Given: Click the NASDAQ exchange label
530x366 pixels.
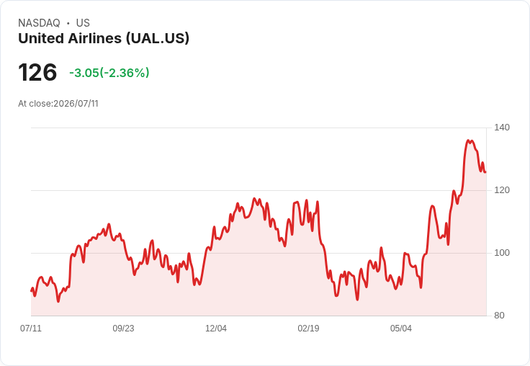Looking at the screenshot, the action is pyautogui.click(x=39, y=23).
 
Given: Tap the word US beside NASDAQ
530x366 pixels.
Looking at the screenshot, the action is pyautogui.click(x=83, y=23).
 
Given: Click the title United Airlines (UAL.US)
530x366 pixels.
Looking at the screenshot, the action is pyautogui.click(x=104, y=38).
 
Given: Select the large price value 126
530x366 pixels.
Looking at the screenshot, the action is pyautogui.click(x=37, y=72).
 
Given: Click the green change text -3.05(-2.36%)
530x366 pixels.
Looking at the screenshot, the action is pyautogui.click(x=109, y=73).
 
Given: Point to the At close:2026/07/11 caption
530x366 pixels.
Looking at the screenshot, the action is pyautogui.click(x=58, y=104).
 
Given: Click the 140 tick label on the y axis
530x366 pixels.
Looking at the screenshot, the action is pyautogui.click(x=502, y=128).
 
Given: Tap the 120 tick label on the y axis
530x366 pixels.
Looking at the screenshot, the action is pyautogui.click(x=502, y=190).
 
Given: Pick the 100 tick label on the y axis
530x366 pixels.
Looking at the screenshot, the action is pyautogui.click(x=502, y=253).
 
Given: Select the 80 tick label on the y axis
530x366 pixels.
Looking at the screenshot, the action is pyautogui.click(x=499, y=316).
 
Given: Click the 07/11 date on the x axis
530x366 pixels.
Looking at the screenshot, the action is pyautogui.click(x=31, y=328).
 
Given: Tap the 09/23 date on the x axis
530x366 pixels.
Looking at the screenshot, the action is pyautogui.click(x=123, y=328).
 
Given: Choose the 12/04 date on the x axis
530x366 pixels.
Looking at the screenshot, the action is pyautogui.click(x=216, y=328).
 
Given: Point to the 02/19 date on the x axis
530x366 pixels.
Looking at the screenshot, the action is pyautogui.click(x=308, y=328).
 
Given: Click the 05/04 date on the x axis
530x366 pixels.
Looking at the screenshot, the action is pyautogui.click(x=401, y=328).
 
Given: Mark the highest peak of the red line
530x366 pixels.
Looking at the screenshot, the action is pyautogui.click(x=468, y=140).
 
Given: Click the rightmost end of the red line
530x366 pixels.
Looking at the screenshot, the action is pyautogui.click(x=486, y=172).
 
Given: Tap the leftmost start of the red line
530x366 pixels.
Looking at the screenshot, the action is pyautogui.click(x=31, y=290).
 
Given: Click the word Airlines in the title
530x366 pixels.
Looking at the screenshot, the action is pyautogui.click(x=94, y=38).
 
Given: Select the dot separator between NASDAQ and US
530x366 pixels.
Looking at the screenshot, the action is pyautogui.click(x=68, y=23).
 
